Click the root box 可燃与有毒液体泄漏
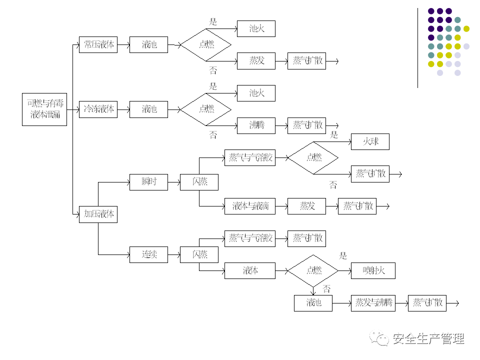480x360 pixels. pyautogui.click(x=44, y=109)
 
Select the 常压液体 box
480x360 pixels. pyautogui.click(x=98, y=44)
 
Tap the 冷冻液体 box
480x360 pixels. pyautogui.click(x=98, y=109)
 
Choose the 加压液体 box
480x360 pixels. pyautogui.click(x=98, y=214)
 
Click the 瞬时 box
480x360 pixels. pyautogui.click(x=148, y=181)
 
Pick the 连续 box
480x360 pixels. pyautogui.click(x=148, y=254)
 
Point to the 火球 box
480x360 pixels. pyautogui.click(x=370, y=141)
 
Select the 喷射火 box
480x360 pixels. pyautogui.click(x=373, y=270)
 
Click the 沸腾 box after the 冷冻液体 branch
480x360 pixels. pyautogui.click(x=256, y=125)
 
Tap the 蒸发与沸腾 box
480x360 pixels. pyautogui.click(x=373, y=302)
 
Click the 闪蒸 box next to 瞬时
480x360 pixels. pyautogui.click(x=199, y=181)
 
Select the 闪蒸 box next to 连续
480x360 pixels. pyautogui.click(x=199, y=254)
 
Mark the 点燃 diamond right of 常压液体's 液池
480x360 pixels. pyautogui.click(x=206, y=44)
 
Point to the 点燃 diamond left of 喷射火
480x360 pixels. pyautogui.click(x=313, y=270)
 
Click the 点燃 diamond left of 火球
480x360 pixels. pyautogui.click(x=313, y=157)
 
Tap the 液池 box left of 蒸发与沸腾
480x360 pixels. pyautogui.click(x=313, y=302)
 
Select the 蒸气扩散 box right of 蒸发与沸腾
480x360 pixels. pyautogui.click(x=427, y=302)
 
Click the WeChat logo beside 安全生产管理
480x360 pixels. pyautogui.click(x=379, y=339)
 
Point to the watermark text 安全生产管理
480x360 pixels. pyautogui.click(x=429, y=339)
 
